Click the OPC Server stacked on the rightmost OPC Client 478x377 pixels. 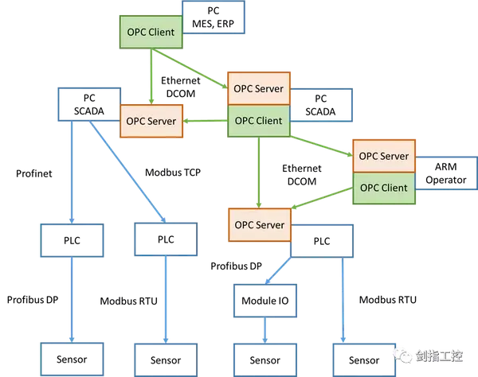[383, 156]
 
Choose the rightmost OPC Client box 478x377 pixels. [383, 188]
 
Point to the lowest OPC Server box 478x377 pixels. [259, 224]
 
